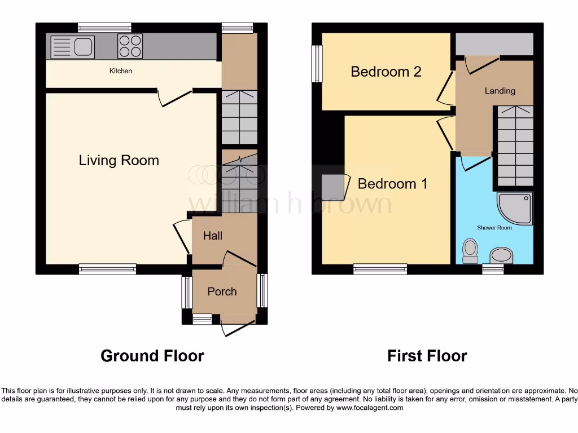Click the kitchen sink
(x=72, y=47)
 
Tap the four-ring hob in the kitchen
(x=130, y=46)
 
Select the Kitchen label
(x=121, y=71)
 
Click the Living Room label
(x=119, y=161)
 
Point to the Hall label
(x=213, y=236)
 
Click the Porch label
(x=222, y=291)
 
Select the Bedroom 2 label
(x=386, y=72)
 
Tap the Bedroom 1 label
(x=393, y=184)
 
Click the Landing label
(x=500, y=91)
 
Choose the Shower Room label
(x=494, y=228)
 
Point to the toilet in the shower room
(x=470, y=251)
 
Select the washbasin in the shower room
(x=501, y=256)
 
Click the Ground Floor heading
(x=152, y=356)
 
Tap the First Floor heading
(x=427, y=356)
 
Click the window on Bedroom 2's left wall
(x=318, y=63)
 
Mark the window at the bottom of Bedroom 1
(x=380, y=269)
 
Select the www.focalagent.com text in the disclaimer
(x=369, y=408)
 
